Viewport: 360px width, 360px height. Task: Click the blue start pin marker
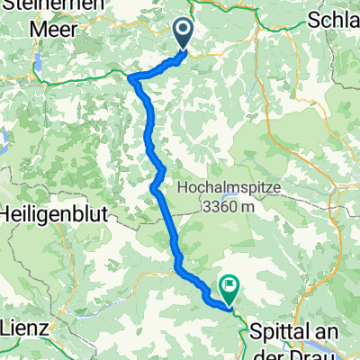(183, 35)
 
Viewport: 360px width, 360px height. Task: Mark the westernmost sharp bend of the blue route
(131, 79)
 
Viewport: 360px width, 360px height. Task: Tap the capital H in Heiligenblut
(8, 216)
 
